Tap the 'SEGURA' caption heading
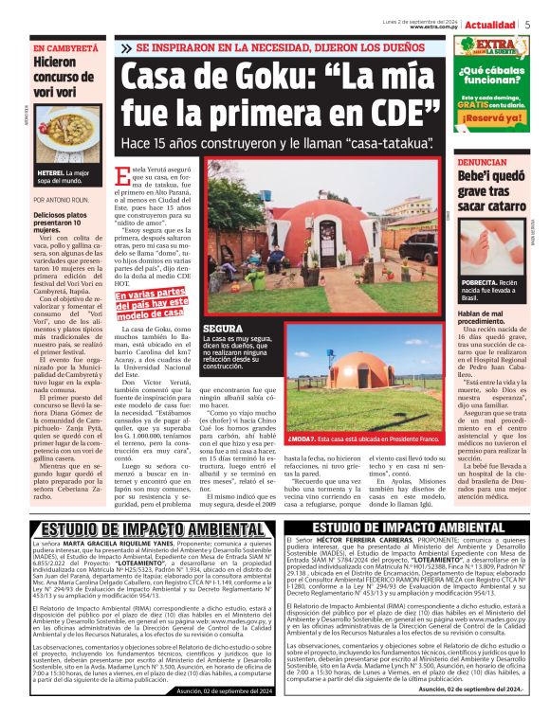click(221, 328)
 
